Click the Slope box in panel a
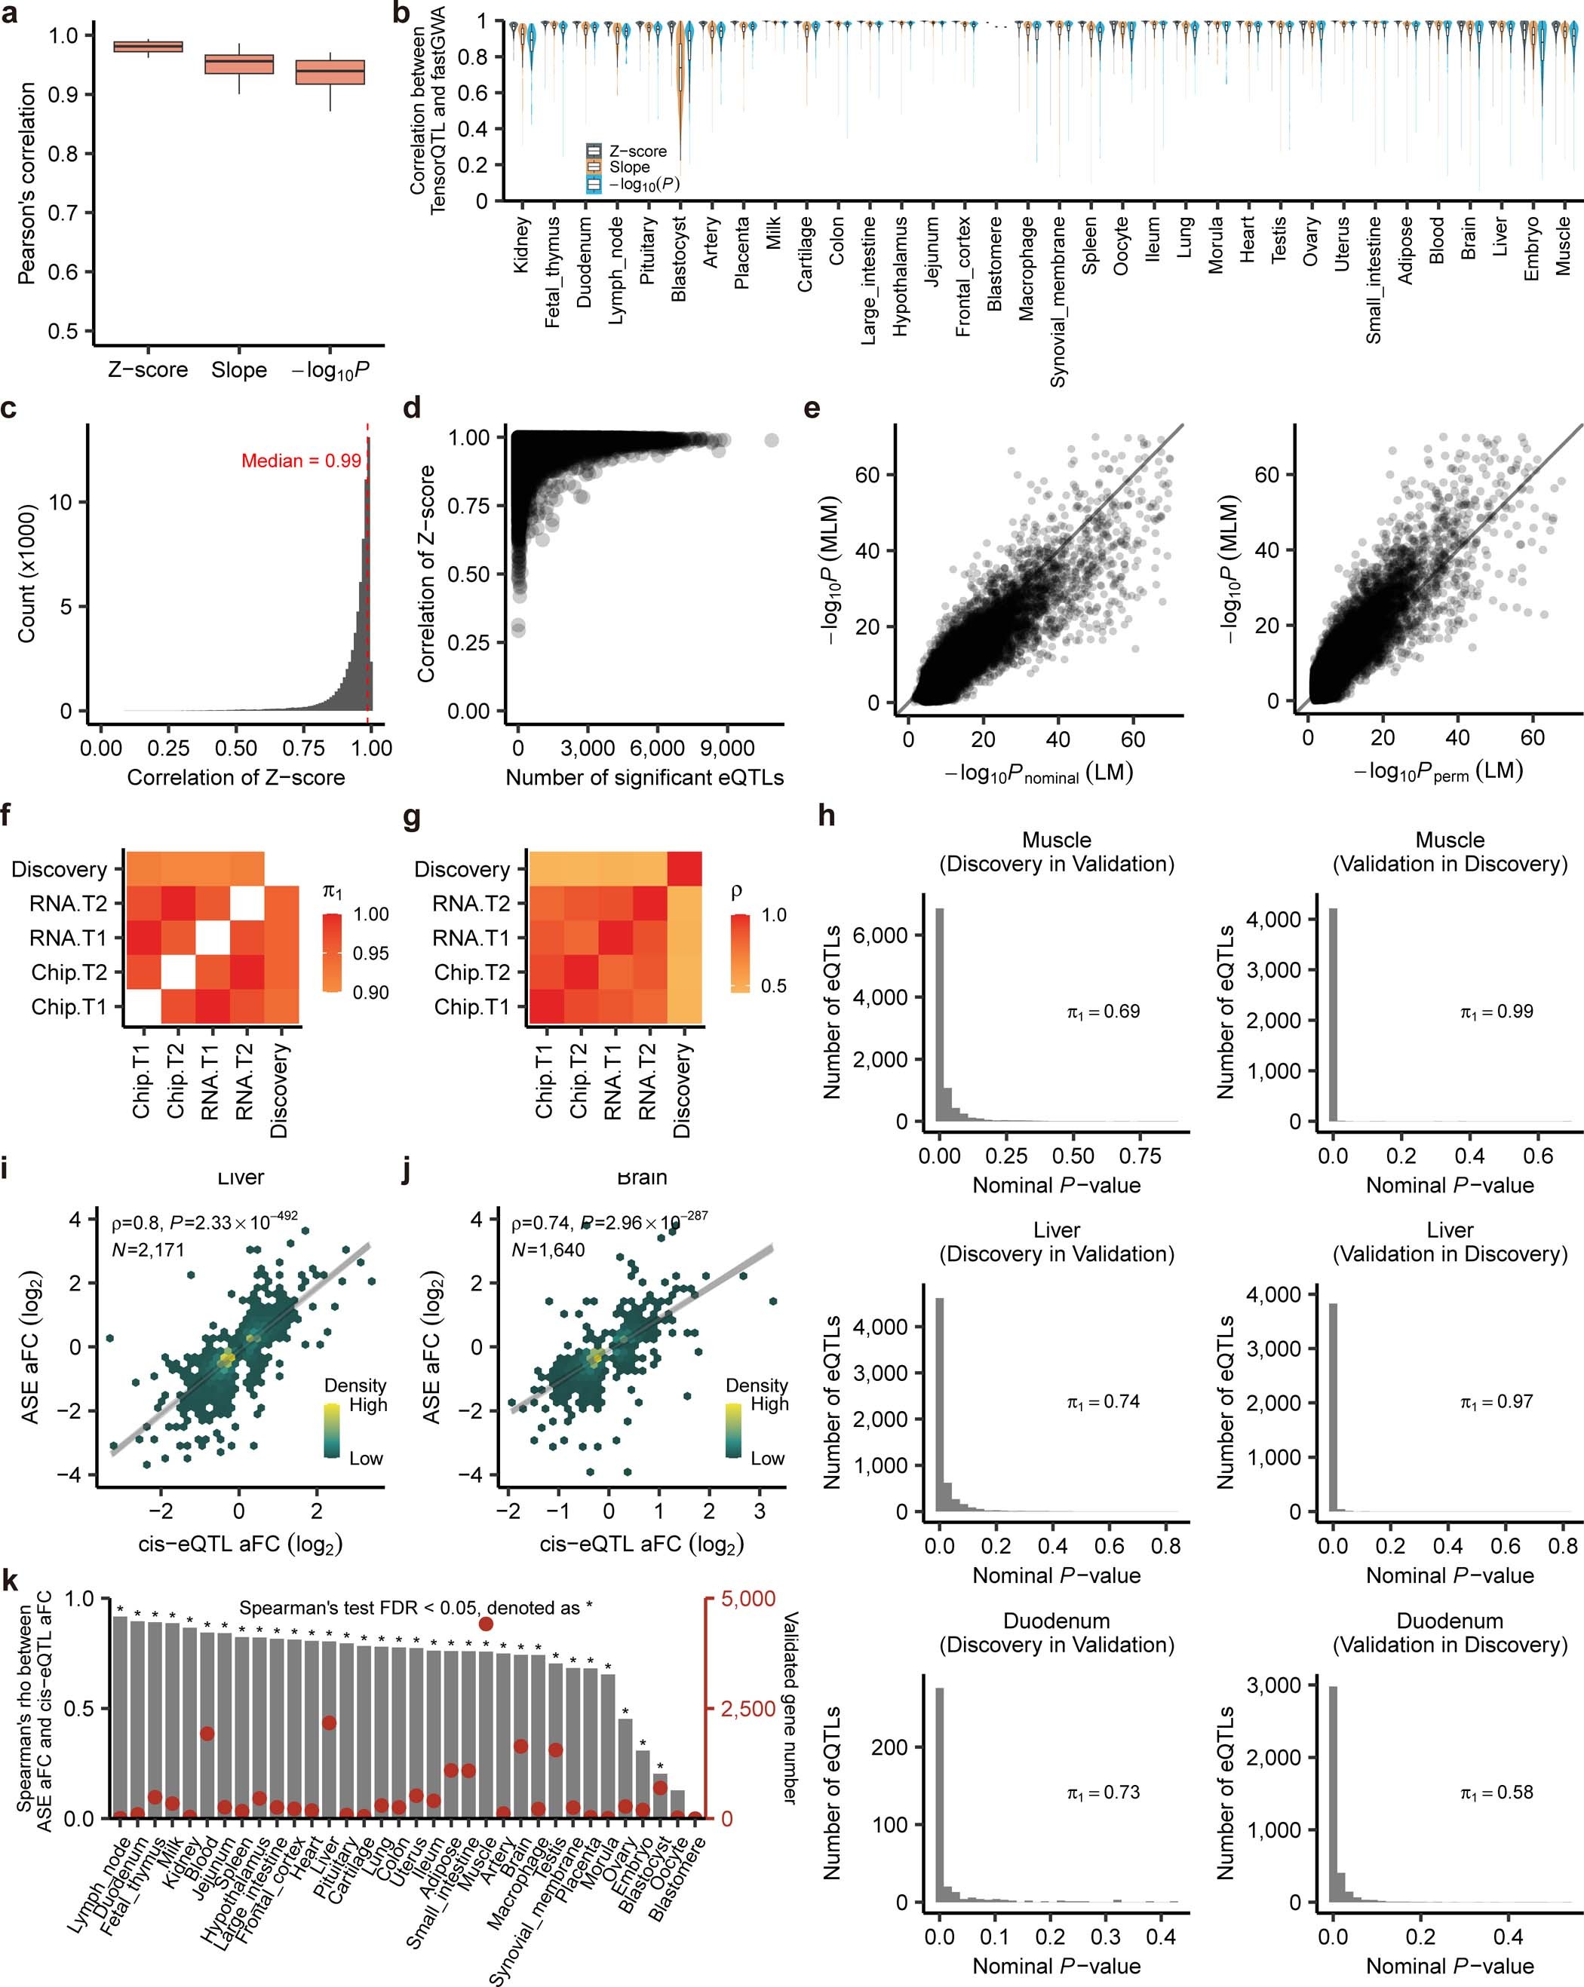point(239,63)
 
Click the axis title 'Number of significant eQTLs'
point(644,778)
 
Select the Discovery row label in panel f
point(59,869)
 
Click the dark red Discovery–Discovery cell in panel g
point(684,869)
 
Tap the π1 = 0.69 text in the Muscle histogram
point(1104,1012)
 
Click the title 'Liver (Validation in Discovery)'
point(1450,1241)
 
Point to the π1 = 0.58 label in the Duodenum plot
point(1497,1793)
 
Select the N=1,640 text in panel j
point(548,1250)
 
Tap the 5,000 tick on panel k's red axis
point(747,1599)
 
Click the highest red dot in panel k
point(486,1625)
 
